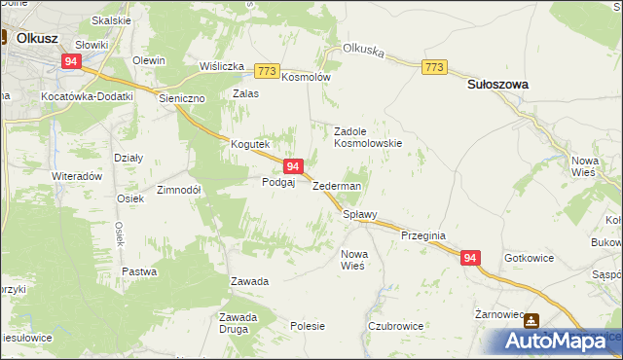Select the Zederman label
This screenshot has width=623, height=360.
pyautogui.click(x=337, y=186)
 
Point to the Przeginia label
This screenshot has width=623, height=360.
pyautogui.click(x=422, y=235)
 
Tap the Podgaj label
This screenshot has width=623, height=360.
pyautogui.click(x=278, y=182)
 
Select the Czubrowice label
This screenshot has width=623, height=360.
pyautogui.click(x=394, y=327)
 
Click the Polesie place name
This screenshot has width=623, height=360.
pyautogui.click(x=308, y=327)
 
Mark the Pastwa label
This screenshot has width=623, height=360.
pyautogui.click(x=139, y=271)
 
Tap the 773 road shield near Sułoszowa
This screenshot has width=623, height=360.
pyautogui.click(x=435, y=66)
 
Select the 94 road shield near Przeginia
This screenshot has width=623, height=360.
pyautogui.click(x=470, y=258)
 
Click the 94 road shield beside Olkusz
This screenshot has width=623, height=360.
pyautogui.click(x=70, y=60)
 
